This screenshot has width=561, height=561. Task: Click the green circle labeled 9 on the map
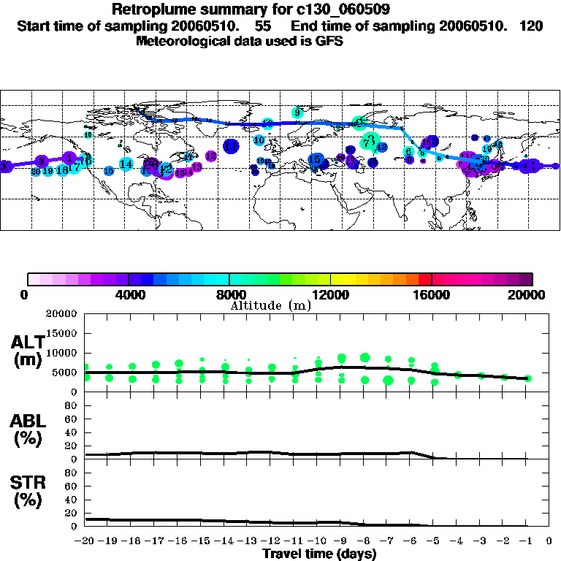coord(297,112)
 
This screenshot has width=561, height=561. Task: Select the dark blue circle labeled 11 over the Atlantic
coord(232,146)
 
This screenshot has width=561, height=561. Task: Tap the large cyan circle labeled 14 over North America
coord(126,164)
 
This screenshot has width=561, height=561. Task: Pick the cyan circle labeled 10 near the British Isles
coord(259,140)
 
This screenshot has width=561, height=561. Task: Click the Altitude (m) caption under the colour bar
coord(271,305)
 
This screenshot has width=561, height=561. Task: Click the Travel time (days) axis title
coord(319,554)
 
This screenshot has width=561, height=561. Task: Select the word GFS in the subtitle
coord(329,41)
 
